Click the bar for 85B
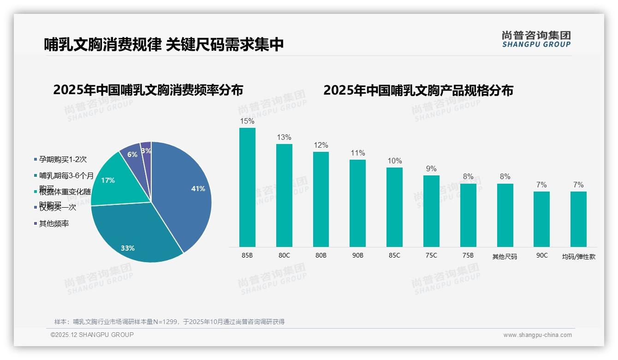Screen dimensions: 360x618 pos(247,187)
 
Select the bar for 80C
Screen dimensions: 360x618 pos(284,195)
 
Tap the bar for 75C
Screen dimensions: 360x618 pos(431,211)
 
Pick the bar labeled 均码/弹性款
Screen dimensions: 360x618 pos(578,219)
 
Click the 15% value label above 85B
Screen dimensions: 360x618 pos(247,121)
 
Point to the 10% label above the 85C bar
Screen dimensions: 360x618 pos(394,161)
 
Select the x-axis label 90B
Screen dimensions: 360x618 pos(357,255)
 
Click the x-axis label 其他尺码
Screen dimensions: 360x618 pos(505,256)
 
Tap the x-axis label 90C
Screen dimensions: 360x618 pos(542,255)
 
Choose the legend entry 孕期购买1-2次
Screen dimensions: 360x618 pos(63,160)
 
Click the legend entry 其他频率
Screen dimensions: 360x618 pos(54,224)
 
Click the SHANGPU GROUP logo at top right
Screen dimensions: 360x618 pos(536,39)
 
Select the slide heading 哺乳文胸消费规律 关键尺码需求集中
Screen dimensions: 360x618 pos(164,44)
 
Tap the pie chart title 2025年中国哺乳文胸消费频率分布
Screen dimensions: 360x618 pos(148,90)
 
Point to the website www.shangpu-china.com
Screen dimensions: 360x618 pos(537,335)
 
